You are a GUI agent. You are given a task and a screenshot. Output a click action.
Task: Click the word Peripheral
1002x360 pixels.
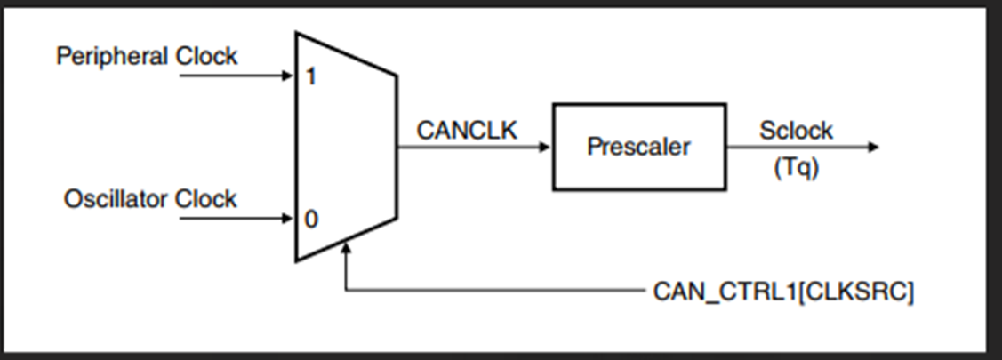click(x=113, y=57)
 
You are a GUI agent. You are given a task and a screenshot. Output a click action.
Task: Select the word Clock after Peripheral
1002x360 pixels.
click(x=205, y=57)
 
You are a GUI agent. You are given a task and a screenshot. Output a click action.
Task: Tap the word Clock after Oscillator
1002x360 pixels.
click(x=205, y=199)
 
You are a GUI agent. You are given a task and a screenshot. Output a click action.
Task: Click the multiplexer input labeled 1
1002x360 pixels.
click(x=310, y=76)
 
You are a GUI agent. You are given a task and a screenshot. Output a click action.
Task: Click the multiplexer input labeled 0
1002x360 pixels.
click(x=310, y=219)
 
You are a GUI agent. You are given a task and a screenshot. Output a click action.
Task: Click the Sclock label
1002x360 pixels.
click(x=796, y=131)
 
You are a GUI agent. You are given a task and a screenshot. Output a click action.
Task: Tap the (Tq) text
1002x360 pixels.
click(x=796, y=168)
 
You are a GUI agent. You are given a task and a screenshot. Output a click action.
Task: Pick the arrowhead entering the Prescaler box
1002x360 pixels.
click(x=545, y=147)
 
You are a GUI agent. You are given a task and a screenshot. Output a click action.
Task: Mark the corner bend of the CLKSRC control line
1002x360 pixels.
click(x=347, y=291)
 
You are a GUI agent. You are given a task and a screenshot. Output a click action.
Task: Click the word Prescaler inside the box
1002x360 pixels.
click(x=638, y=147)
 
